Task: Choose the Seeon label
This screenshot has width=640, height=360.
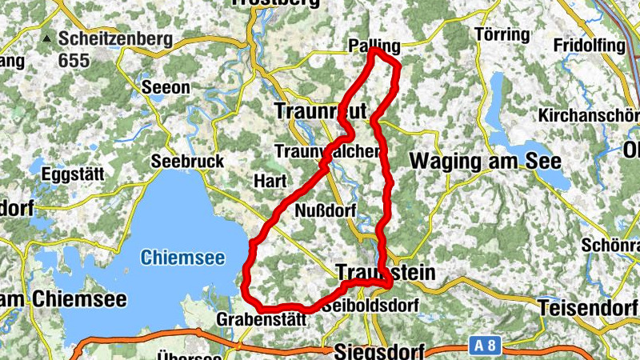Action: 166,87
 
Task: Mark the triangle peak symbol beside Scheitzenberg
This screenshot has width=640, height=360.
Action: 47,38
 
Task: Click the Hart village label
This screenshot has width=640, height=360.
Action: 265,181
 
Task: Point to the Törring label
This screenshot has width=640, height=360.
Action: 502,34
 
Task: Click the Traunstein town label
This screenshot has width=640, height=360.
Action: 386,273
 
